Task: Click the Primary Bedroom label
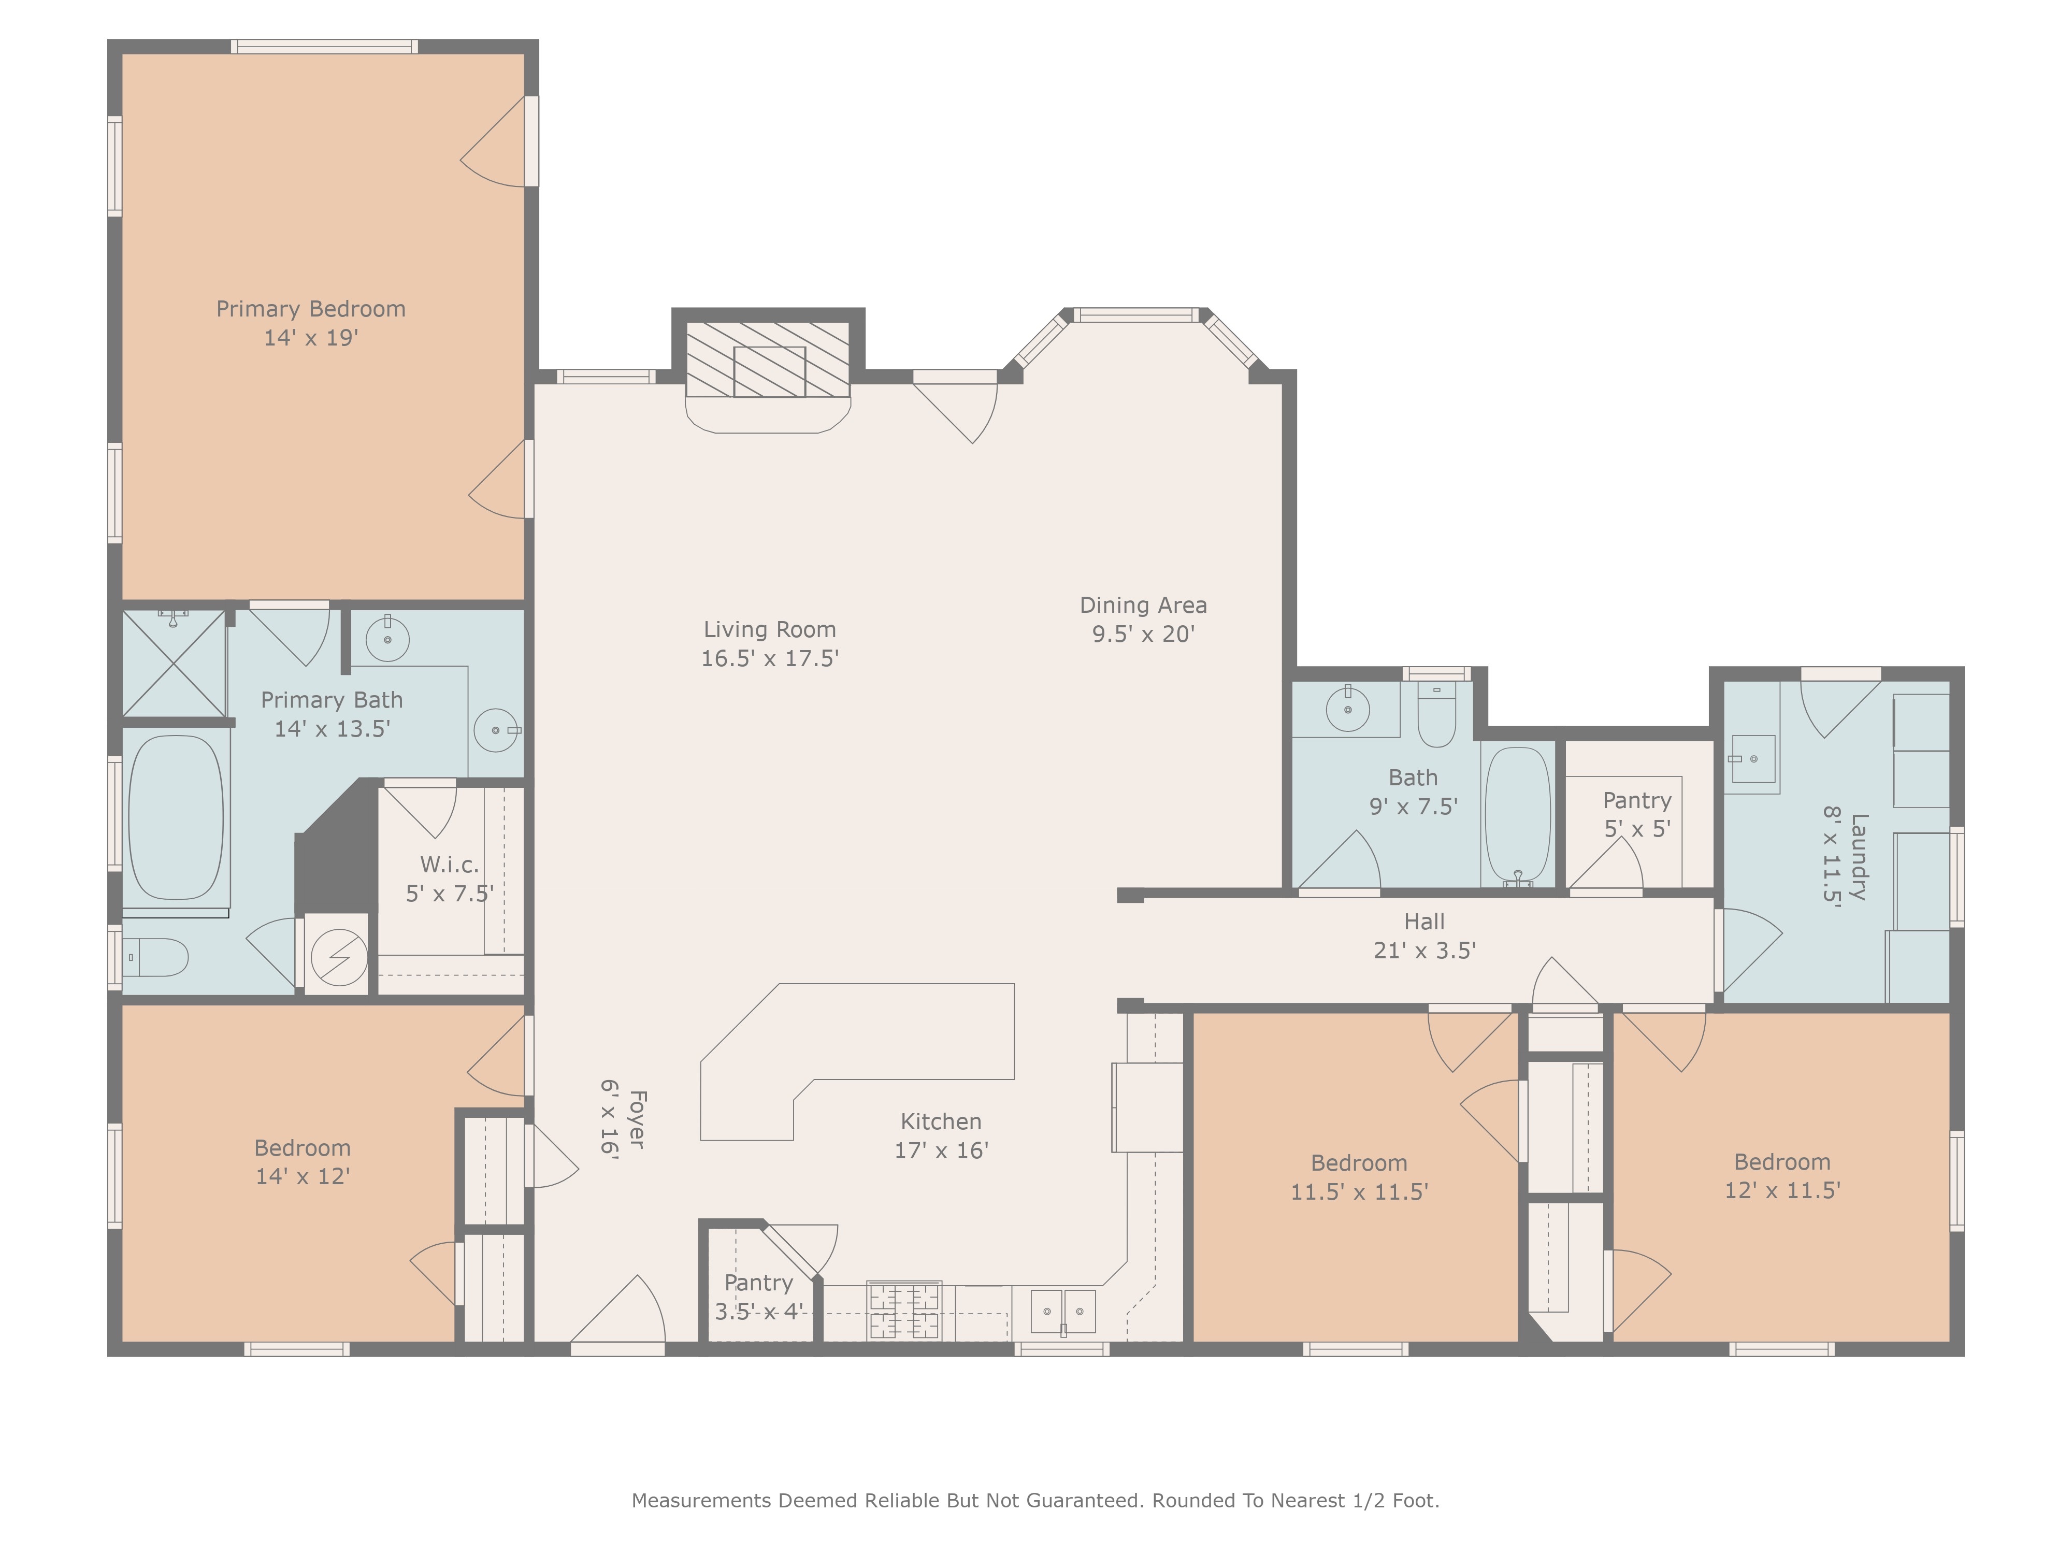point(311,309)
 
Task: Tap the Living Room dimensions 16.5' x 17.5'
point(770,658)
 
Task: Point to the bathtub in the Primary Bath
point(176,817)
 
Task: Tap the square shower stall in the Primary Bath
point(174,663)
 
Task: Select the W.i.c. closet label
point(450,865)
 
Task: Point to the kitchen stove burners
point(905,1311)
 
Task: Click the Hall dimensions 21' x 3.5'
point(1424,951)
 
